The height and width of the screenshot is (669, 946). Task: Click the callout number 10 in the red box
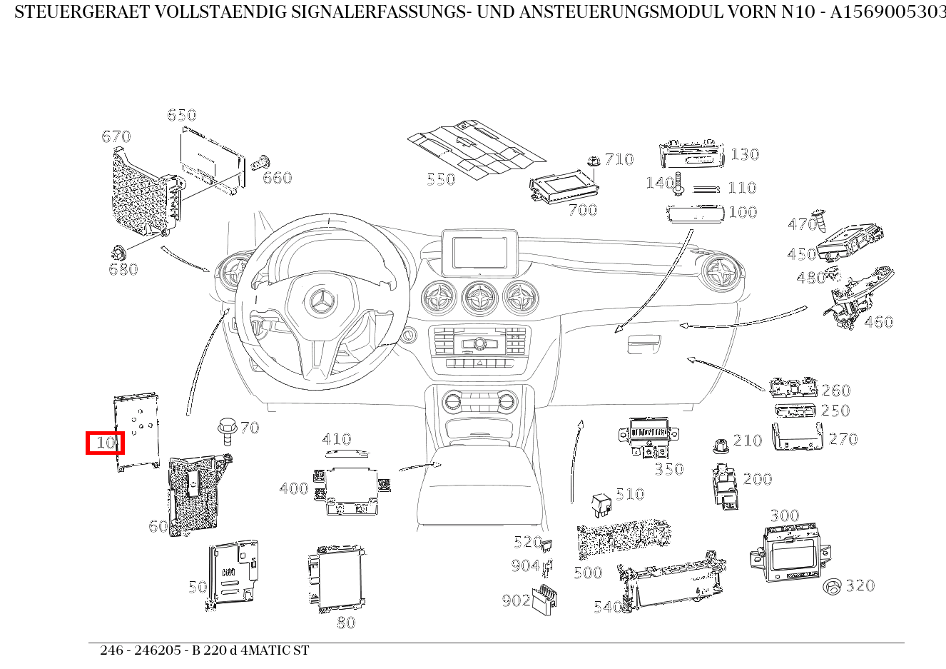coord(106,443)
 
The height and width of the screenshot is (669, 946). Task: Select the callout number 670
coord(116,136)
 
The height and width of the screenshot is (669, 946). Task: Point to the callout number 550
coord(441,179)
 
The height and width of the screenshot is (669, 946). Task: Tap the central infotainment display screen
coord(479,252)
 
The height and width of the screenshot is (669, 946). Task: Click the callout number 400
coord(293,488)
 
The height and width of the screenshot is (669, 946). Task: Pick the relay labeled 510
coord(601,504)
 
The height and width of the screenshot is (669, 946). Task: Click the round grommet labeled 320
coord(832,587)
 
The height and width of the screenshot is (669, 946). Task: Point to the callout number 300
coord(784,515)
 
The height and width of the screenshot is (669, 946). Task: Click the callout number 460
coord(878,322)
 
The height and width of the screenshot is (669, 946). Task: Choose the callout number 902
coord(515,600)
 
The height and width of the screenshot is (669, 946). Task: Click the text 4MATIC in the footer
coord(263,650)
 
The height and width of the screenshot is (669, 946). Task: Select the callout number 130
coord(744,154)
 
